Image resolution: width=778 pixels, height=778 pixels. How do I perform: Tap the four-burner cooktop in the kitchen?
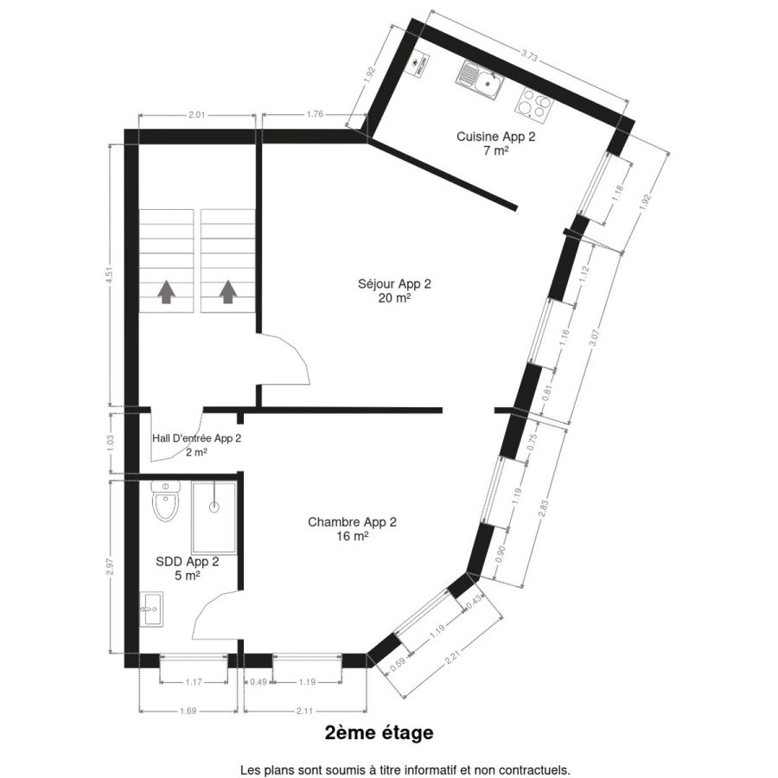point(534,105)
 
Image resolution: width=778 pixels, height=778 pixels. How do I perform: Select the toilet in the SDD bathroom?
point(166,501)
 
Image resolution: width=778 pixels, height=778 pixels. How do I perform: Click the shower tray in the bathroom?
point(214,518)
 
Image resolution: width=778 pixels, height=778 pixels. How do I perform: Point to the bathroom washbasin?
point(150,609)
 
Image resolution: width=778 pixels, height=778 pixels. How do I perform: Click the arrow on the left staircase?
point(166,292)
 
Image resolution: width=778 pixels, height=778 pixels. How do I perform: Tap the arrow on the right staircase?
point(227,292)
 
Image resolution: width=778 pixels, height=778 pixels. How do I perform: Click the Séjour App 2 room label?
point(394,290)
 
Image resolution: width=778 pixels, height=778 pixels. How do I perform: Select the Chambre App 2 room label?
point(353,529)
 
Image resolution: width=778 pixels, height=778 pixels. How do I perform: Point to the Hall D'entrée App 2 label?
point(196,445)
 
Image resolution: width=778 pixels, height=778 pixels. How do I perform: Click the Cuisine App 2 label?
point(496,143)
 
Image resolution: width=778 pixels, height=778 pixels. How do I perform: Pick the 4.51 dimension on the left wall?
point(110,276)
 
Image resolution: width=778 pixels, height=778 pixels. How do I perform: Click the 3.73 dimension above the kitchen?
point(529,56)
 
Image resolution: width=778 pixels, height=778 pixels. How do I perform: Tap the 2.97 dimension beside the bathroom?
point(110,567)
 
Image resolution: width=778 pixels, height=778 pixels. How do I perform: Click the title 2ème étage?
point(379,733)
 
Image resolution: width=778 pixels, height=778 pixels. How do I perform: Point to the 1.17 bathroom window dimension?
point(194,682)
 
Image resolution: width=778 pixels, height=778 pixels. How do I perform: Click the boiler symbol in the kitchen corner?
point(418,64)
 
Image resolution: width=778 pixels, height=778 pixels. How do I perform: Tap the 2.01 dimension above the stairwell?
point(196,115)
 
